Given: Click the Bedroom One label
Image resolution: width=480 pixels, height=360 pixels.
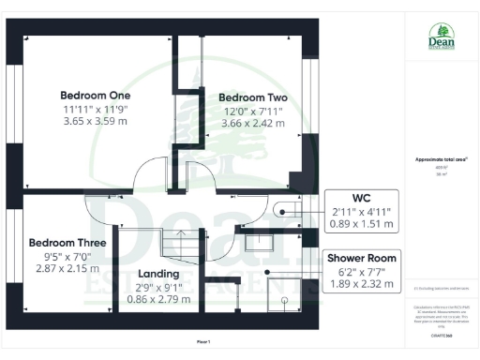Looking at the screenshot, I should [x=96, y=96].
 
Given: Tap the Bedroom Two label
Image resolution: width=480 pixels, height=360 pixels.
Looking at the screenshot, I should [x=253, y=97].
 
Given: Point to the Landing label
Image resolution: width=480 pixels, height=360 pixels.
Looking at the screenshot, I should [x=159, y=275].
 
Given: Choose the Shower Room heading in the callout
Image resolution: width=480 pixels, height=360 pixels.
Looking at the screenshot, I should [x=361, y=258].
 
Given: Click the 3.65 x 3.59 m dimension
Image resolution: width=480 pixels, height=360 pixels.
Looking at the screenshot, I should [x=96, y=121].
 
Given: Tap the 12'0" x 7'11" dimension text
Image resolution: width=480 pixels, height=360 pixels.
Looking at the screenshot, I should [x=253, y=111].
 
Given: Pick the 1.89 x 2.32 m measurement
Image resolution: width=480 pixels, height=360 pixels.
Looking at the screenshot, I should [x=361, y=284].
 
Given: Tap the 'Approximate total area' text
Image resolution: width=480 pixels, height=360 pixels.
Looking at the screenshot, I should [x=441, y=159].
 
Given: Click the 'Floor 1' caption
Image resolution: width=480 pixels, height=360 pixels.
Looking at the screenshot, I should [x=203, y=341].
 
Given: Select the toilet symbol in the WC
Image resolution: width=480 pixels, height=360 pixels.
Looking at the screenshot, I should [x=282, y=212].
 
